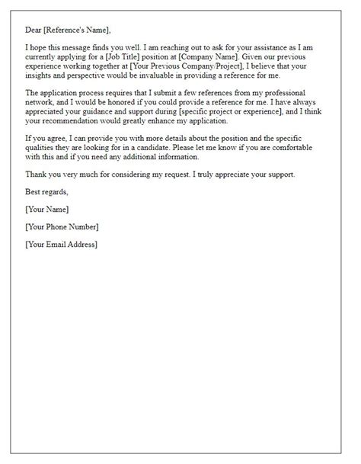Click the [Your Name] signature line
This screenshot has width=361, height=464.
click(47, 209)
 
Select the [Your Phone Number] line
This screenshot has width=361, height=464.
click(62, 226)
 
